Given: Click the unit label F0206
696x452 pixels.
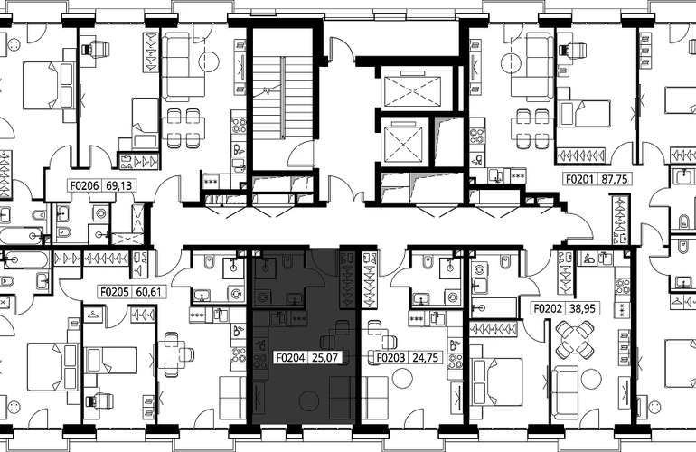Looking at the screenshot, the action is tap(85, 185).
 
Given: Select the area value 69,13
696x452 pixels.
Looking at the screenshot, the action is tap(119, 185).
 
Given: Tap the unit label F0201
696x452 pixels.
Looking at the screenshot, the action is tap(579, 179).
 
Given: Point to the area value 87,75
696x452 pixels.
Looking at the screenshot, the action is tap(615, 179).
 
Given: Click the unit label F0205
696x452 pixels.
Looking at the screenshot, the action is tap(115, 292).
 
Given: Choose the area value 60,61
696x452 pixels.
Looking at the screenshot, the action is tap(149, 292).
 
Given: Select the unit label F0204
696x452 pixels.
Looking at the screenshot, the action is tap(290, 357).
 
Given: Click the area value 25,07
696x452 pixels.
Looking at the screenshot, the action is tap(325, 357).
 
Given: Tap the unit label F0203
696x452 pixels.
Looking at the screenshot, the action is tap(390, 357).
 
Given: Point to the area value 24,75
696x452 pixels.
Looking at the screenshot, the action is tap(426, 357).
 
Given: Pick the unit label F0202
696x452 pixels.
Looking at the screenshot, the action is tap(548, 308).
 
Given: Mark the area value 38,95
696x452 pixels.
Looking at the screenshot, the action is tap(583, 308).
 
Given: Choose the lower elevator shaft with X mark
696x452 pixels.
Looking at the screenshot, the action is tap(402, 145).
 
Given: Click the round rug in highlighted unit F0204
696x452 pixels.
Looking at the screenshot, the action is tap(309, 401).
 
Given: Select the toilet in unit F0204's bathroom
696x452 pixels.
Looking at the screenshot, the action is tap(287, 263).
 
